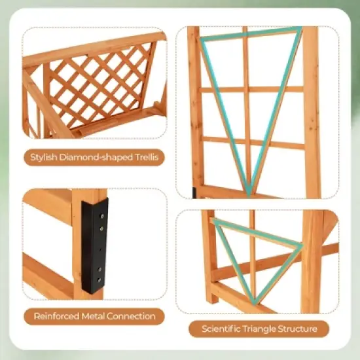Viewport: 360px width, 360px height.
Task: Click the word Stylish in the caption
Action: click(45, 157)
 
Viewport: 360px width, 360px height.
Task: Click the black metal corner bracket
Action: click(94, 245)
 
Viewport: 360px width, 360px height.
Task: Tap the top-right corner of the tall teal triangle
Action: click(300, 29)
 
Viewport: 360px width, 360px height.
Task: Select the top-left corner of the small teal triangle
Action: click(215, 221)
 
